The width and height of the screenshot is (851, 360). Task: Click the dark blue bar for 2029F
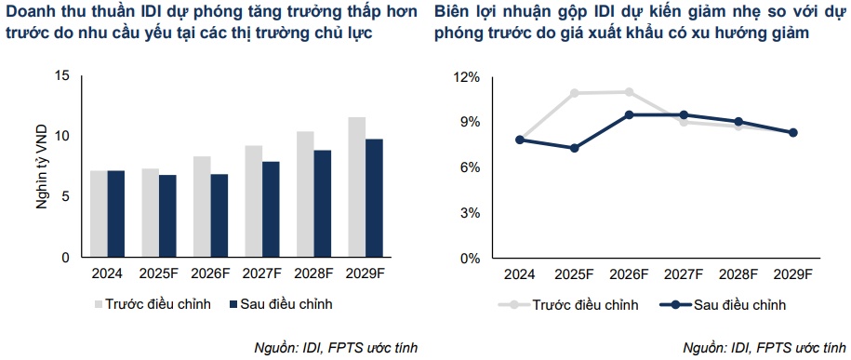pos(373,198)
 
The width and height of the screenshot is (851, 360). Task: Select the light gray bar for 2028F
pos(305,194)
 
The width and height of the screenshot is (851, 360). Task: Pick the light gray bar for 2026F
pos(202,207)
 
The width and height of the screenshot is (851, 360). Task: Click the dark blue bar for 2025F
pos(167,216)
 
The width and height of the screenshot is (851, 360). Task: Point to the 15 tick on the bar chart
pos(62,75)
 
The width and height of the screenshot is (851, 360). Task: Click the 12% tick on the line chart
pos(466,76)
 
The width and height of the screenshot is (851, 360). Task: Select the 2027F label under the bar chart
pos(261,275)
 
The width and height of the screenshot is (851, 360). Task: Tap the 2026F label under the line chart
pos(630,275)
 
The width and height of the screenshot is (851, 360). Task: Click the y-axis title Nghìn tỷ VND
pos(42,167)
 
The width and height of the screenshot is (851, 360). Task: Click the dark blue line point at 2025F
pos(575,148)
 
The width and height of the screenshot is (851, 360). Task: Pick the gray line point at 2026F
pos(630,92)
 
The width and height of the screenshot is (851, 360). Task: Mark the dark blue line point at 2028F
pos(738,122)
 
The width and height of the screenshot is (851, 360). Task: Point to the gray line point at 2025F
pos(575,93)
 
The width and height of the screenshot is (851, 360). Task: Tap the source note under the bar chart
pos(336,347)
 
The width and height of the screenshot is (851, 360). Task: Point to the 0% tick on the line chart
pos(469,258)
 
